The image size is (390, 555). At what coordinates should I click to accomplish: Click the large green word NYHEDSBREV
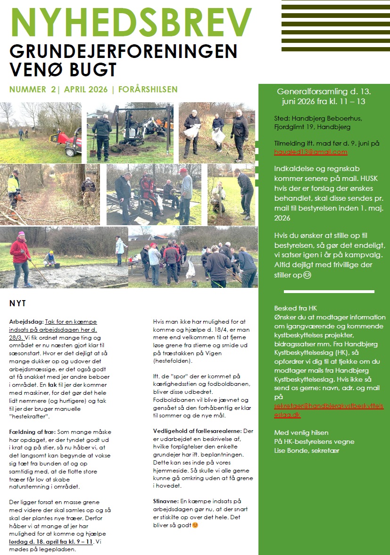click(x=131, y=23)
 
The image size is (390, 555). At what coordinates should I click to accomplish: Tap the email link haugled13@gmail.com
click(x=310, y=152)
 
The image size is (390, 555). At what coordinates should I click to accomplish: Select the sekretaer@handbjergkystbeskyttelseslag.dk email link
click(x=329, y=410)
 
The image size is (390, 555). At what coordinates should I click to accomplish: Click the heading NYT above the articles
click(x=17, y=303)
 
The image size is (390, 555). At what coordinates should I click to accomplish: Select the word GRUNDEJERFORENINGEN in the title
click(x=123, y=51)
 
